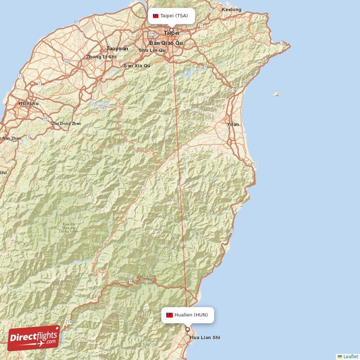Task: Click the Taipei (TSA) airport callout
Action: click(171, 16)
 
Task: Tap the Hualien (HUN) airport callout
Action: click(187, 315)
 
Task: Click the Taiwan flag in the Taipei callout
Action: click(156, 16)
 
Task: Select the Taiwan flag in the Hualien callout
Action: click(170, 315)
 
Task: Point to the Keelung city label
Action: click(232, 10)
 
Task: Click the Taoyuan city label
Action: click(117, 48)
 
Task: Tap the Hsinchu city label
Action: click(28, 103)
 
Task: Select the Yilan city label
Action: click(234, 124)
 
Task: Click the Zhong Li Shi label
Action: click(101, 57)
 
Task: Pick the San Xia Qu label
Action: click(137, 66)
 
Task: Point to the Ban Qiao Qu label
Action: click(166, 43)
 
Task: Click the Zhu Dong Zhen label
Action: click(67, 123)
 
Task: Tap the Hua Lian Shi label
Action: click(205, 337)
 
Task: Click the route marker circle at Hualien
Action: click(188, 329)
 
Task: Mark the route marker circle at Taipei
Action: click(171, 30)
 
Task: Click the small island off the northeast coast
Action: click(276, 94)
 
